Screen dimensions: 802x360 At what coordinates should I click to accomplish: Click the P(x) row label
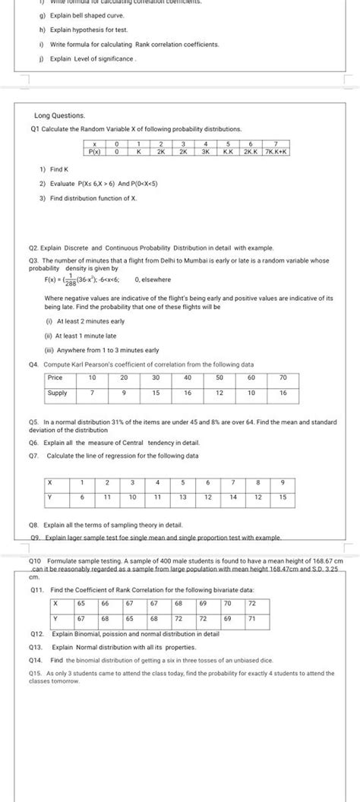tap(95, 151)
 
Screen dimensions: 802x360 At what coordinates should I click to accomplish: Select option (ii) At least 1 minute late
tap(81, 335)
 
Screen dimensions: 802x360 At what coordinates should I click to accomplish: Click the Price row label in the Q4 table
tap(55, 377)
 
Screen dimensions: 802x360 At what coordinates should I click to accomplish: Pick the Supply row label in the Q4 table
tap(57, 393)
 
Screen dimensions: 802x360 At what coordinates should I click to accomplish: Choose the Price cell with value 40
tap(188, 377)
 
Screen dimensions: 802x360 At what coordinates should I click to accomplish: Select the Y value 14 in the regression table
tap(233, 497)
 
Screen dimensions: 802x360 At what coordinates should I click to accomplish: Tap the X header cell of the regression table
tap(49, 482)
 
